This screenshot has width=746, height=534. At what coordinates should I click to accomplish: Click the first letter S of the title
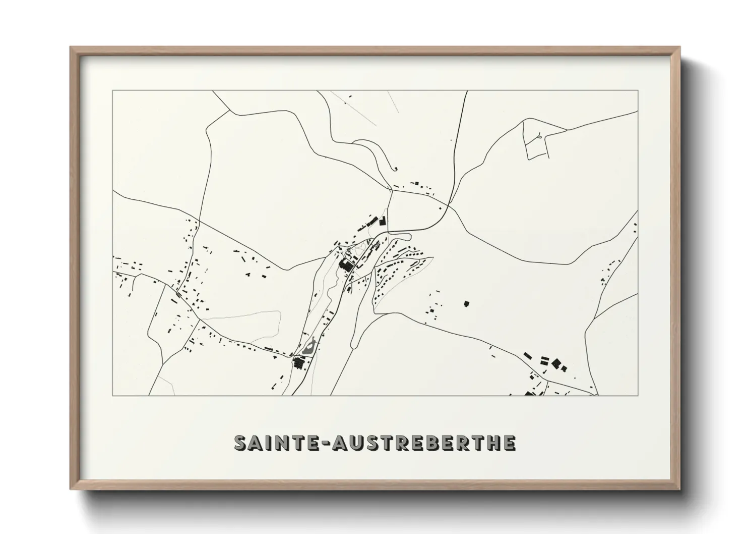click(241, 443)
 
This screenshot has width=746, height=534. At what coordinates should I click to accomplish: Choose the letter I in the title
click(266, 443)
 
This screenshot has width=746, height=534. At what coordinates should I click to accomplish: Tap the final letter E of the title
click(509, 443)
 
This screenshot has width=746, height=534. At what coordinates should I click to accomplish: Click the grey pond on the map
click(310, 347)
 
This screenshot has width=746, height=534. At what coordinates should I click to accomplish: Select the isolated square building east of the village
click(466, 304)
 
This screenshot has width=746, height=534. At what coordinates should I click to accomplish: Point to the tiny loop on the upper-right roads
click(539, 135)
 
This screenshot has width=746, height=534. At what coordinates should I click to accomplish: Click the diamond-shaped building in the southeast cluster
click(556, 363)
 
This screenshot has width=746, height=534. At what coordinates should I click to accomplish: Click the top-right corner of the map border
click(638, 91)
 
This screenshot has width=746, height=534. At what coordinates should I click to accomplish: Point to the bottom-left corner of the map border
click(113, 395)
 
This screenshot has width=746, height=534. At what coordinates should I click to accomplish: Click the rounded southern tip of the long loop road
click(353, 346)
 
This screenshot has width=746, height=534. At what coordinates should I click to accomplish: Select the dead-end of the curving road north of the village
click(396, 169)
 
